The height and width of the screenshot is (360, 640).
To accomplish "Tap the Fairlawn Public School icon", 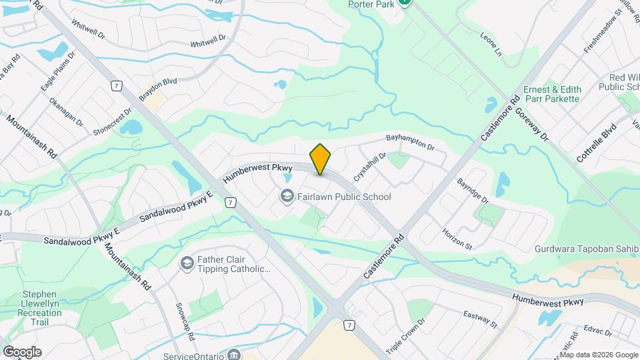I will click(287, 197).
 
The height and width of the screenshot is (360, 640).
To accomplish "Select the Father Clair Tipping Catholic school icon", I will click(187, 264).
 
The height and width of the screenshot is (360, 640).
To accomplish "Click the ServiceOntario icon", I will click(234, 354).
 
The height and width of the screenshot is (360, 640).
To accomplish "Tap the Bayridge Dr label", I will click(473, 191).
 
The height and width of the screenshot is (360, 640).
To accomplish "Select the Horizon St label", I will click(457, 239).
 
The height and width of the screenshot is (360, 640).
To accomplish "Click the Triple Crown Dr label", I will click(405, 335).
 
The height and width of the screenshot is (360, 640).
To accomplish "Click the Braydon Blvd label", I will click(158, 89).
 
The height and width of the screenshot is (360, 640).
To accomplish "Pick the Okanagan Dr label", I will click(65, 113).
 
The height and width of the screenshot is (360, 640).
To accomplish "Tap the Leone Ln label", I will click(490, 43).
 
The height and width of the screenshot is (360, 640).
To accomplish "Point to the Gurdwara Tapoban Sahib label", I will click(587, 249).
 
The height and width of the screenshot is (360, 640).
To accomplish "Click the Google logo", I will click(22, 352).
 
